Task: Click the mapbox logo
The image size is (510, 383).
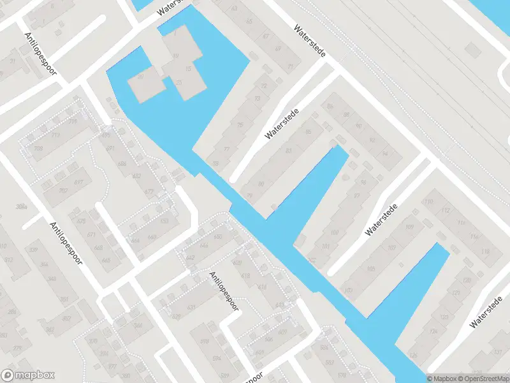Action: (x=28, y=375)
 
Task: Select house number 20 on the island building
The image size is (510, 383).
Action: (x=140, y=77)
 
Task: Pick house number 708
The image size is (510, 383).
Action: (x=39, y=149)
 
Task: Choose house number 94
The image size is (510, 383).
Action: (x=384, y=154)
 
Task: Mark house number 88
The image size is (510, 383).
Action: (x=346, y=115)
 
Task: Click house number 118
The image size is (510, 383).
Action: (x=486, y=252)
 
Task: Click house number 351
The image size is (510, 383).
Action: (x=64, y=299)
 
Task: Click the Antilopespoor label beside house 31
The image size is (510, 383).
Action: (x=41, y=54)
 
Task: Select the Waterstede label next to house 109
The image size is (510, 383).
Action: (x=381, y=220)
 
